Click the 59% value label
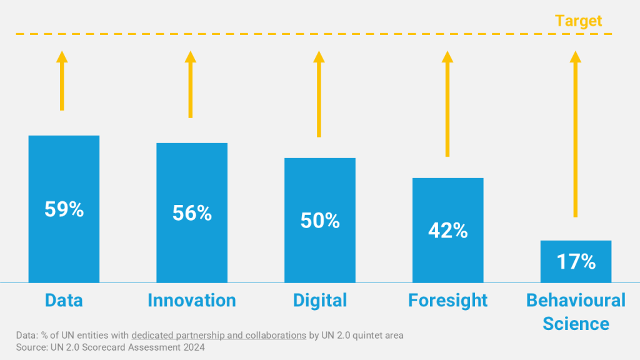[x=64, y=209]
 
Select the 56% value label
[x=192, y=213]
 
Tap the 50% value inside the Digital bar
[x=320, y=221]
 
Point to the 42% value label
[x=447, y=231]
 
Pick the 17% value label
[x=576, y=261]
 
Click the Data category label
[x=64, y=301]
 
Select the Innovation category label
[x=192, y=301]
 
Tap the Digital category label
[x=320, y=301]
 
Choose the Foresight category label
[x=447, y=301]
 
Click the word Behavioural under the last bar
[x=576, y=301]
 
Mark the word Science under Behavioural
[x=576, y=324]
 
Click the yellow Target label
[x=578, y=21]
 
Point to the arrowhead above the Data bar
[x=62, y=57]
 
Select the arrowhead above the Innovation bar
[x=191, y=57]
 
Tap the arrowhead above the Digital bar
[x=319, y=57]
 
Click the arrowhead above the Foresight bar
[x=447, y=57]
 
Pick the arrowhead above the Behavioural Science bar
[x=575, y=57]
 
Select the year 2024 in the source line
[x=192, y=347]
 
